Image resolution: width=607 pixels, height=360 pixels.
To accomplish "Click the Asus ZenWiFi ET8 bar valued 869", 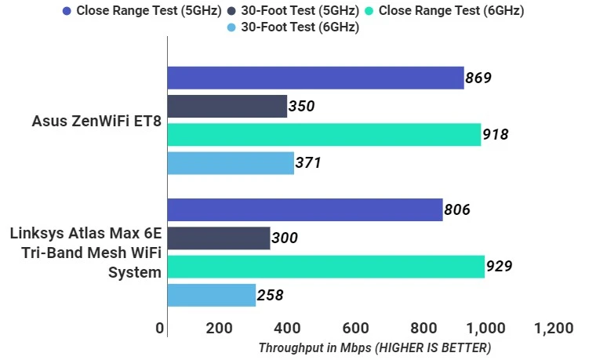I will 315,78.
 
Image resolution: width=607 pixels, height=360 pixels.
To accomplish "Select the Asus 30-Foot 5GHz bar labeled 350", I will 227,106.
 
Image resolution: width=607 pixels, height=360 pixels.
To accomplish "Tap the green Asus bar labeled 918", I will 324,134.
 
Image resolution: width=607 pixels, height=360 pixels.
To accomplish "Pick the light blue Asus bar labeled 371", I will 231,163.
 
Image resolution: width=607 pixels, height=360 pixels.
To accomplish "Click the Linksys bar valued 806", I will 305,209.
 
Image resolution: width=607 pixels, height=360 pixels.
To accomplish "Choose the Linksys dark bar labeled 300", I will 219,238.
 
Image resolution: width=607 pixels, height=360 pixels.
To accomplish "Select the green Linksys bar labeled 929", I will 325,267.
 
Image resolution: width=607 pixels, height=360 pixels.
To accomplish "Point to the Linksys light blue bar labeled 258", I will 212,295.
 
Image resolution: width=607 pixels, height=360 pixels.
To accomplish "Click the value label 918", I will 496,134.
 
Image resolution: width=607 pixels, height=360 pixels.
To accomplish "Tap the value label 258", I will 270,296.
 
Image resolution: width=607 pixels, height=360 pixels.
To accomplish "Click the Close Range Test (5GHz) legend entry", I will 142,11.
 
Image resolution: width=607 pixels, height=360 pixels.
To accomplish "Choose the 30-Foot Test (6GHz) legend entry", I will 295,27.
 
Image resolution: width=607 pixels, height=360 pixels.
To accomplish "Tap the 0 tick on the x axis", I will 161,328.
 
